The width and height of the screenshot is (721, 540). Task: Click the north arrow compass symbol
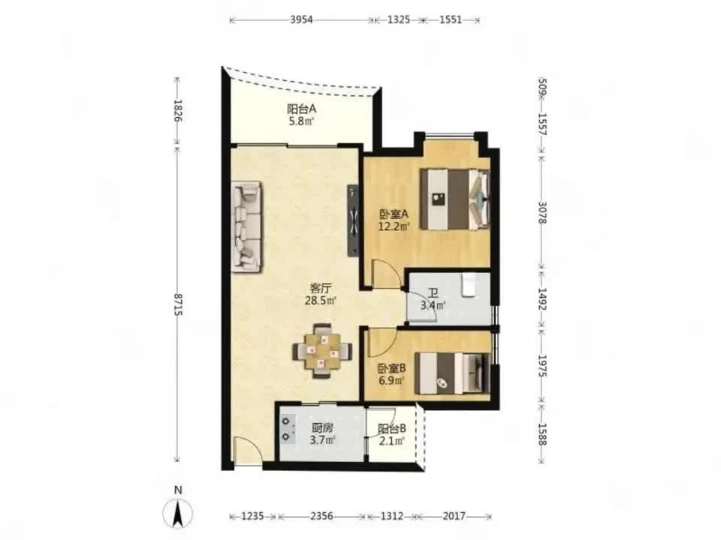click(178, 513)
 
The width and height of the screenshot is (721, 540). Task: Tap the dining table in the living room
click(322, 351)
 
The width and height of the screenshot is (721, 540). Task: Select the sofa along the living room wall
click(248, 226)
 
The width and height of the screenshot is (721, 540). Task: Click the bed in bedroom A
click(455, 199)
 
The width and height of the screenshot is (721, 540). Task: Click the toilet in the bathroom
click(469, 285)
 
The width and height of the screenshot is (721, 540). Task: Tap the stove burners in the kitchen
click(288, 428)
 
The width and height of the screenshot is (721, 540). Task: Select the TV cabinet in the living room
click(353, 220)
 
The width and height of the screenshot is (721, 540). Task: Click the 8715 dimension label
click(178, 304)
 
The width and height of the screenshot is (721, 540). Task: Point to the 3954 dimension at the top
click(302, 19)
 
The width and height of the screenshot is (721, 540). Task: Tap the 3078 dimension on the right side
click(542, 212)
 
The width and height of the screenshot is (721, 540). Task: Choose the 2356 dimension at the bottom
click(322, 516)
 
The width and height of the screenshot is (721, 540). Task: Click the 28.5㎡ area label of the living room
click(321, 301)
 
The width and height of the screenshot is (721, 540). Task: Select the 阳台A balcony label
click(302, 109)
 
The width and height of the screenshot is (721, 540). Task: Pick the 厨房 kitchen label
click(321, 427)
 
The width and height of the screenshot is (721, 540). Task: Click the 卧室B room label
click(392, 368)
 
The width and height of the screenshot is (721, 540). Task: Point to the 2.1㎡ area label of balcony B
click(392, 441)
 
